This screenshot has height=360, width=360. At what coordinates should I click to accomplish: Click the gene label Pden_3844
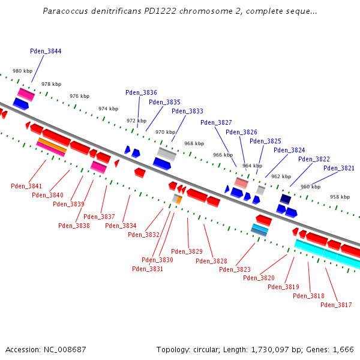pyautogui.click(x=46, y=52)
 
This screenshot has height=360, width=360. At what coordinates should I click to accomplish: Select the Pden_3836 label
pyautogui.click(x=141, y=92)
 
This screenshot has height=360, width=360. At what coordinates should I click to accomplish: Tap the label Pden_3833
pyautogui.click(x=187, y=111)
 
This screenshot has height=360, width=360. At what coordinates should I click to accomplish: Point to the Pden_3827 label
pyautogui.click(x=216, y=122)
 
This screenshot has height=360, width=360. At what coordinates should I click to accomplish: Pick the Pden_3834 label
pyautogui.click(x=121, y=226)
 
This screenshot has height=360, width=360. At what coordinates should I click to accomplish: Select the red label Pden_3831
pyautogui.click(x=148, y=269)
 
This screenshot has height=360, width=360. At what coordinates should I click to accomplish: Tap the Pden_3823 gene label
pyautogui.click(x=235, y=269)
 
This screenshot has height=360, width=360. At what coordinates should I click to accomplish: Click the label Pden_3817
pyautogui.click(x=336, y=305)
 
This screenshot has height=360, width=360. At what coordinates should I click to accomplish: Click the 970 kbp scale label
pyautogui.click(x=165, y=132)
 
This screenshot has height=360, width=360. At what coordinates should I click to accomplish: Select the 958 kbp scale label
pyautogui.click(x=340, y=197)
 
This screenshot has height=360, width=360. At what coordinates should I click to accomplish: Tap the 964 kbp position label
pyautogui.click(x=252, y=166)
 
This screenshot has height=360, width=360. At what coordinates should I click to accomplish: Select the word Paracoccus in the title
pyautogui.click(x=64, y=11)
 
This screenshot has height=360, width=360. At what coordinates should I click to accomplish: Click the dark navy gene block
pyautogui.click(x=286, y=199)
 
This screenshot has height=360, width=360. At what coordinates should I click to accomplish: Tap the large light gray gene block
pyautogui.click(x=167, y=154)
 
